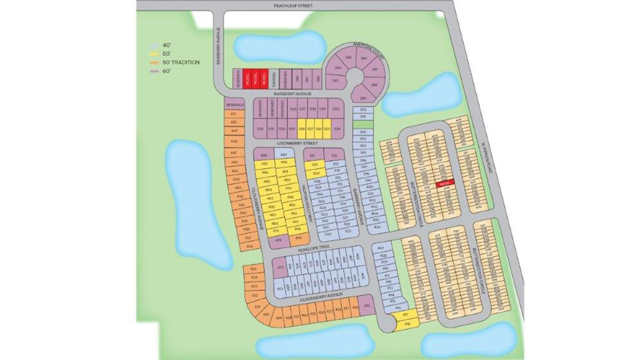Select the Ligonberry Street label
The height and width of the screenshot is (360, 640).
click(299, 143)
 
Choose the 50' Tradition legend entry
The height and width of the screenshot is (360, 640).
click(175, 62)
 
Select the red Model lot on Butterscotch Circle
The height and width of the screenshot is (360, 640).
click(444, 183)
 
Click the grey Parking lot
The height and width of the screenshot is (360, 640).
click(274, 79)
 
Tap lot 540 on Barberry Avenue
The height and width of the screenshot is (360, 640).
click(336, 109)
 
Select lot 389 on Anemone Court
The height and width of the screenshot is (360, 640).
click(363, 98)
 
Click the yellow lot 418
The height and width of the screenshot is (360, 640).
click(408, 324)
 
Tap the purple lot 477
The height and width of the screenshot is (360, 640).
click(280, 268)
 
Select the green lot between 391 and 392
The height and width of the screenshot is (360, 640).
click(363, 124)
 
